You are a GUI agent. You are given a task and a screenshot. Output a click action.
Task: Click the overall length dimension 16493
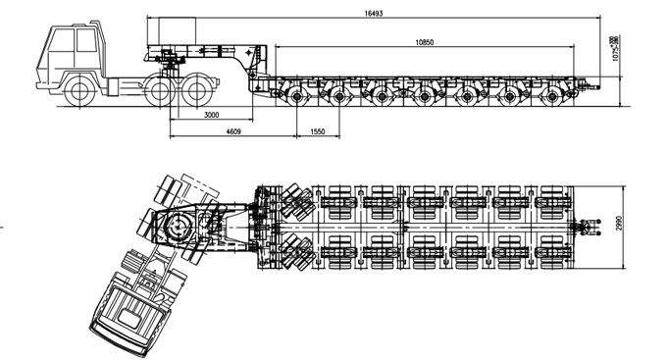click(x=375, y=13)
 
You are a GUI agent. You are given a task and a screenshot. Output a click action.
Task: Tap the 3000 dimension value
click(x=211, y=116)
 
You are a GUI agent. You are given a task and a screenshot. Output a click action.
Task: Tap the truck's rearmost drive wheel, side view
click(x=197, y=92)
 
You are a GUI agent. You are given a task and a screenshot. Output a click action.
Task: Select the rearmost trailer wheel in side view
click(x=556, y=97)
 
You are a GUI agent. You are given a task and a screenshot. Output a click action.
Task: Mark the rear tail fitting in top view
click(x=586, y=227)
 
